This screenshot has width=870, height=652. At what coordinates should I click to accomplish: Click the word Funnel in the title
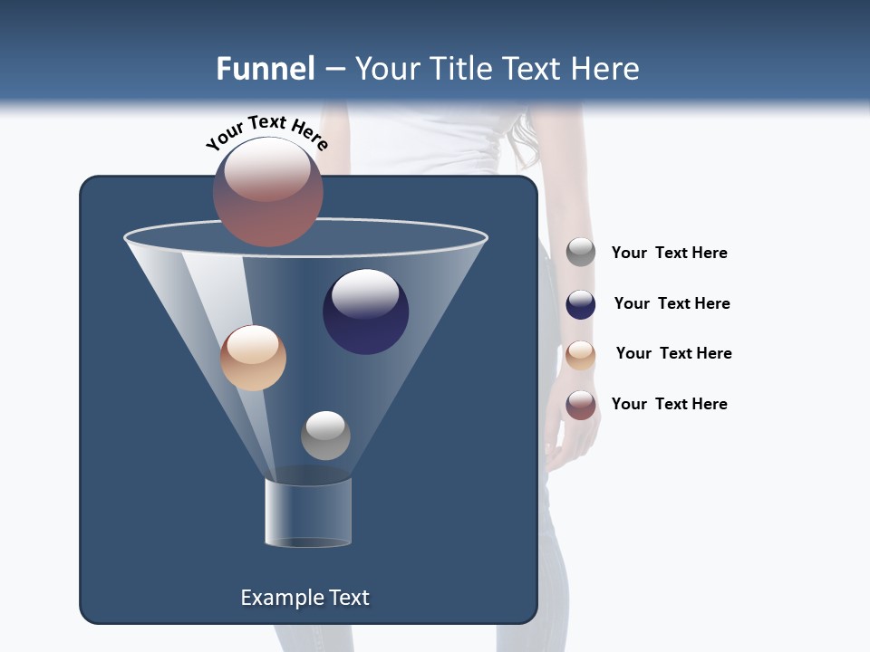click(266, 69)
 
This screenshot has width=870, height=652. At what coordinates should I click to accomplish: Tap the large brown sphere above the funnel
click(268, 191)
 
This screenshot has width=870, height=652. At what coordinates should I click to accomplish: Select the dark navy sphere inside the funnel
click(365, 312)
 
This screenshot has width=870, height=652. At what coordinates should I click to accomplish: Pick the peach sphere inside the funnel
click(253, 358)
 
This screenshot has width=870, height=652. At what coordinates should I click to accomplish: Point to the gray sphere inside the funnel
click(325, 435)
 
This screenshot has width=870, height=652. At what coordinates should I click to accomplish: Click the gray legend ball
click(581, 253)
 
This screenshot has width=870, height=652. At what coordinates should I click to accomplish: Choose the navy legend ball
click(581, 304)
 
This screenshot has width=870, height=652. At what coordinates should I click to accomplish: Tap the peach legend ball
click(581, 355)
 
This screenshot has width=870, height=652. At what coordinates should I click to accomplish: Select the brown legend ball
click(581, 405)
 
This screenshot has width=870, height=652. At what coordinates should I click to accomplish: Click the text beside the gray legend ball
click(669, 254)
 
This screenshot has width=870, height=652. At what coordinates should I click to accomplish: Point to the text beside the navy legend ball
click(672, 304)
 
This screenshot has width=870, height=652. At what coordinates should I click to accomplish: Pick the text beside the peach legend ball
click(673, 354)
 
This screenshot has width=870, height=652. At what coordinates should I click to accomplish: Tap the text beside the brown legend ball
click(669, 405)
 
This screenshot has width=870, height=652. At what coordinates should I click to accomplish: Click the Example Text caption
click(304, 598)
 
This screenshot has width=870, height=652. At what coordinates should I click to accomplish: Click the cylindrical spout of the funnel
click(308, 513)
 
